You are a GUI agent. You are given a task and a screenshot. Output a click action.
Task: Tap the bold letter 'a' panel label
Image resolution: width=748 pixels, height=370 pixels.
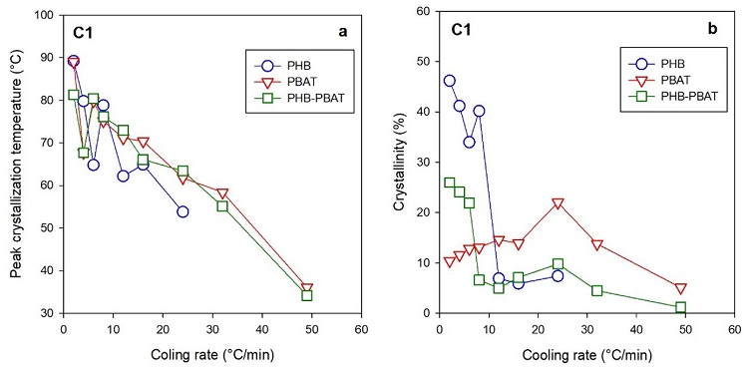pyautogui.click(x=342, y=31)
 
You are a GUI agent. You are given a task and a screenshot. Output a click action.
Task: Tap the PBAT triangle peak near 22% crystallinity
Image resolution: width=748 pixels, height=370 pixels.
pyautogui.click(x=558, y=203)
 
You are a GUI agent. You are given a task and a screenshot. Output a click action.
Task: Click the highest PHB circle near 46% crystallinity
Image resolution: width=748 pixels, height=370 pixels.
pyautogui.click(x=449, y=81)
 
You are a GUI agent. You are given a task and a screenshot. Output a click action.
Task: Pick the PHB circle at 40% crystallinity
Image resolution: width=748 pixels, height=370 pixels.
pyautogui.click(x=479, y=112)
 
